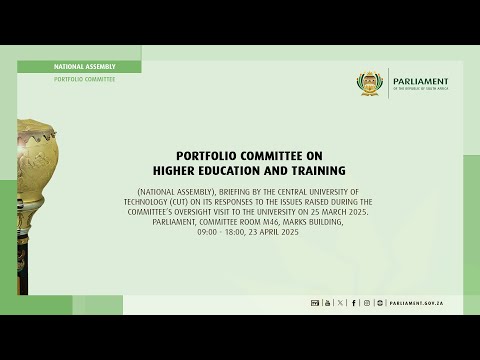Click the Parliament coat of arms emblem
click(x=371, y=83)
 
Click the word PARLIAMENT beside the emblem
click(x=420, y=81)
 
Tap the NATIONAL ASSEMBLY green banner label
click(x=79, y=66)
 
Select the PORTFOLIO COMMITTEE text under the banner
click(x=85, y=79)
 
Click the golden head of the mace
click(x=36, y=160)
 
